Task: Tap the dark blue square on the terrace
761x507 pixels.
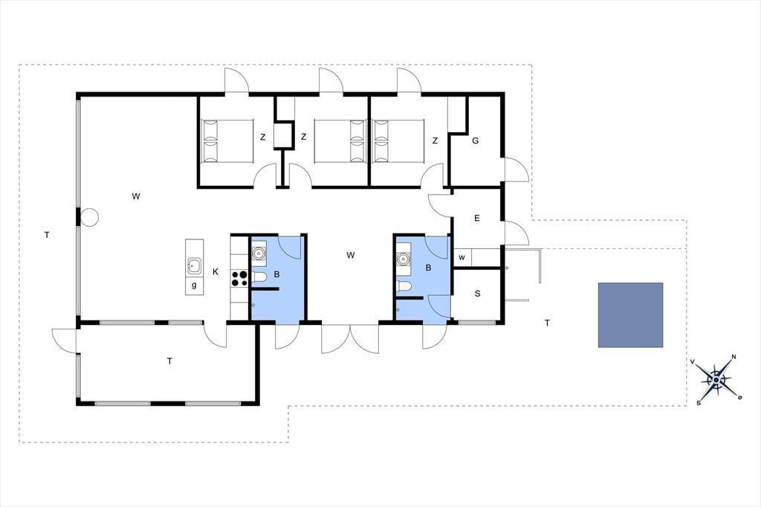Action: coord(630,315)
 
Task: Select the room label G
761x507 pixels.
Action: coord(475,141)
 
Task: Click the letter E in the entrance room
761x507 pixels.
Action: coord(476,219)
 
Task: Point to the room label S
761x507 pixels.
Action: coord(478,294)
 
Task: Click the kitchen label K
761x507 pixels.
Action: coord(216,272)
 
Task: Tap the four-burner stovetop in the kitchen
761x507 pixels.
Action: coord(239,279)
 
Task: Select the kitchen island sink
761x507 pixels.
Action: coord(194,265)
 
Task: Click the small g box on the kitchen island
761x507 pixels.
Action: coord(194,285)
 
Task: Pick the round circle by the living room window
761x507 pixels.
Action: coord(89,217)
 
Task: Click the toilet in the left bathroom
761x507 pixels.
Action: coord(259,277)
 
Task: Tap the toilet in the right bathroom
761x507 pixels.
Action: coord(404,286)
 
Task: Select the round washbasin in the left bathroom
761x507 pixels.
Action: coord(258,253)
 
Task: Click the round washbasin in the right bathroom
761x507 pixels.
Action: coord(403,259)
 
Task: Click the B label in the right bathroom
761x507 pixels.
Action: coord(429,268)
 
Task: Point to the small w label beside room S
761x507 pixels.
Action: coord(462,257)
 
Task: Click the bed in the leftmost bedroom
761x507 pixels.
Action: coord(227,141)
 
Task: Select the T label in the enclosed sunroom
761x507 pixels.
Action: coord(169,361)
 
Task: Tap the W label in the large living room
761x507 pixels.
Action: coord(136,196)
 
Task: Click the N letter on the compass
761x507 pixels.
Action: coord(734,357)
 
